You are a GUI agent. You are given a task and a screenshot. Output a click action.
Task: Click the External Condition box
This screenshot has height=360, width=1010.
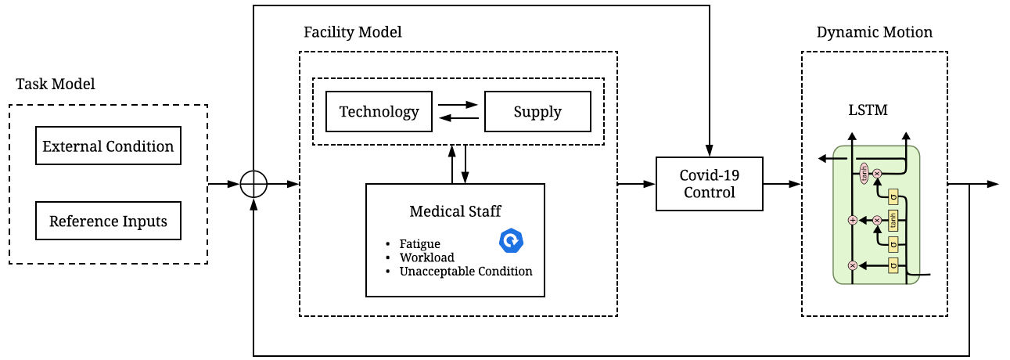point(108,146)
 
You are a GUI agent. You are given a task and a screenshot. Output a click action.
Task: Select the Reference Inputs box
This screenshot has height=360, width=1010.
point(108,221)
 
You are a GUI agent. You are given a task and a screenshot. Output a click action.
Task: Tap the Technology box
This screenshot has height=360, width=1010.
point(379,112)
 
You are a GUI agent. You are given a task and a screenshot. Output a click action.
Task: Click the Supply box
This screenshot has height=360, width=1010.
point(537,112)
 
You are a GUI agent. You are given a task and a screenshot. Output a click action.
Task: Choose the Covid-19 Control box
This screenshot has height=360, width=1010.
point(709,184)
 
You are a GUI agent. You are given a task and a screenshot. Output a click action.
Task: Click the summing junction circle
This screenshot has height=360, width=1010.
point(253,185)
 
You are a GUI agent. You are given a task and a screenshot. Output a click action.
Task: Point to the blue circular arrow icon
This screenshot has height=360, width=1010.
point(511,241)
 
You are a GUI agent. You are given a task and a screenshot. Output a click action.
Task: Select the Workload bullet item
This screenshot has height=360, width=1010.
point(426,257)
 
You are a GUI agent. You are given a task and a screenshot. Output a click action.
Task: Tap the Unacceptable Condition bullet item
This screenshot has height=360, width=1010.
point(465,272)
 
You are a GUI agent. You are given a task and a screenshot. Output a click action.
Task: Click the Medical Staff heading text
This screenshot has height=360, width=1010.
point(455,211)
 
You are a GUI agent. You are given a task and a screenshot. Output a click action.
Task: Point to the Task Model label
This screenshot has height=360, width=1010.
point(56,84)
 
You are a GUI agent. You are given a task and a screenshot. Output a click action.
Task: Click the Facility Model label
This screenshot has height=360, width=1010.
point(352,32)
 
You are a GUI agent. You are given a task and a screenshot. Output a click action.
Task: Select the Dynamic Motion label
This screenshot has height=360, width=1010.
point(874,32)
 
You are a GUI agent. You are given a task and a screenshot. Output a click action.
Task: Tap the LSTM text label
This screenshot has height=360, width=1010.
point(868,110)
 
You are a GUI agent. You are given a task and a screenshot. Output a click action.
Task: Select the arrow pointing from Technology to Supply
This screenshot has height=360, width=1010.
point(458,104)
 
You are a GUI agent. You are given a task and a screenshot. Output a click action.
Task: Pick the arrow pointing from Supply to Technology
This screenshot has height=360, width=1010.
point(458,118)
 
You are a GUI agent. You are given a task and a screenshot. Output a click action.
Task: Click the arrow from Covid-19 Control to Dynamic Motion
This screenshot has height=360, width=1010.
point(782,184)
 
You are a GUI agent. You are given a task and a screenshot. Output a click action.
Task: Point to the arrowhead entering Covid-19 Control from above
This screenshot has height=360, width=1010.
point(709,151)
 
